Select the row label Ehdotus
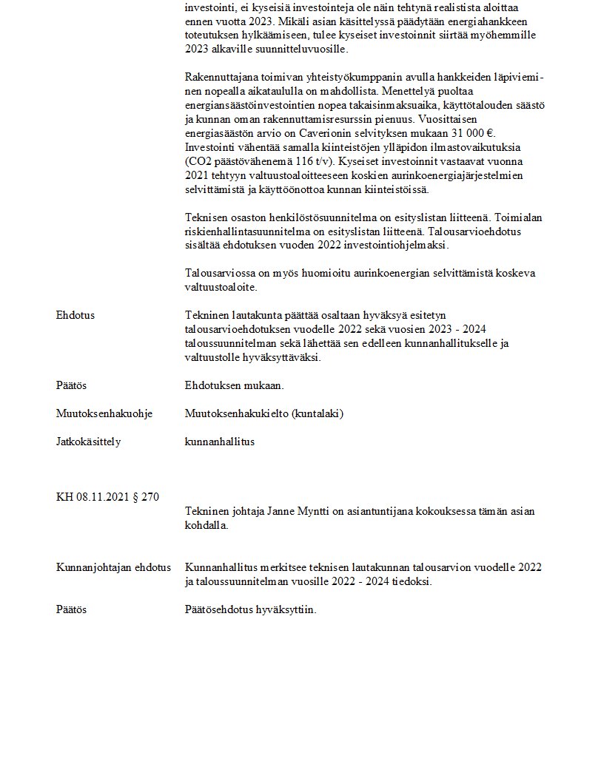[x=75, y=315]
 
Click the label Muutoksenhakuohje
[x=104, y=413]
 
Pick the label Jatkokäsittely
[x=88, y=442]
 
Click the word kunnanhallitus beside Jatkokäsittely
[x=219, y=442]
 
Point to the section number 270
[x=150, y=497]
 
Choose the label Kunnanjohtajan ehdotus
[x=113, y=567]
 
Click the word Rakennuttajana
[x=220, y=77]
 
